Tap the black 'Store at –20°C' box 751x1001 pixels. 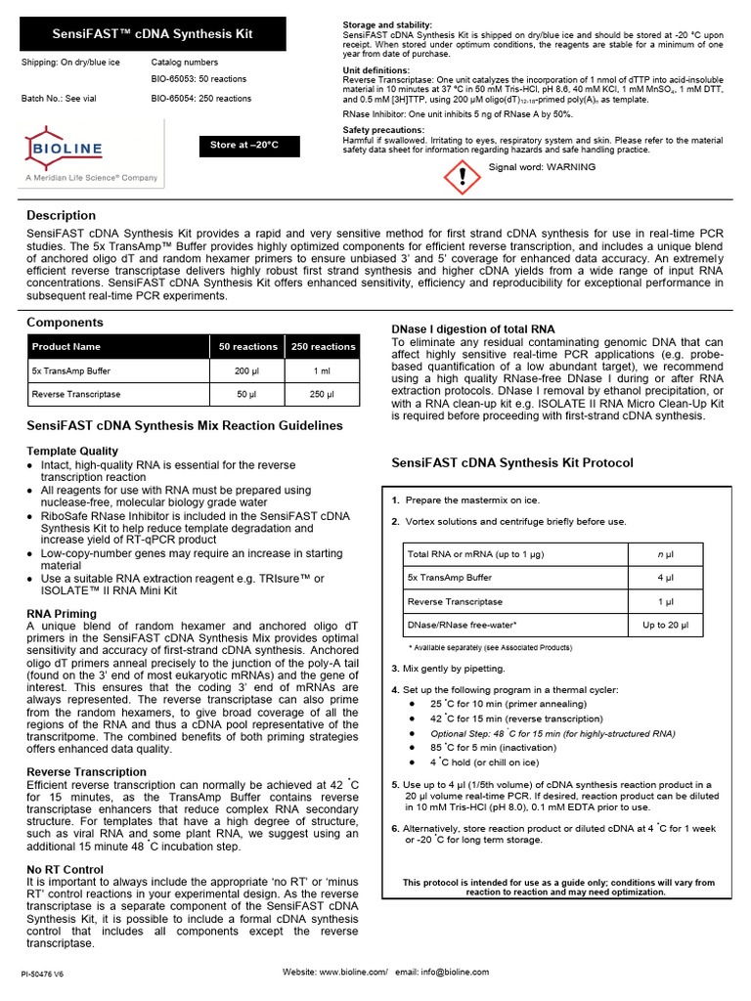244,146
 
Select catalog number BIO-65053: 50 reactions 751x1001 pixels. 199,79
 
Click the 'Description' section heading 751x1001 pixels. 61,215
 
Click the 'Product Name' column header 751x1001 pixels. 66,347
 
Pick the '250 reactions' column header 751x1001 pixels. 323,347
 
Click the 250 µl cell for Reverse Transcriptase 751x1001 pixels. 322,395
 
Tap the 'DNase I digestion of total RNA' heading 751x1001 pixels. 472,329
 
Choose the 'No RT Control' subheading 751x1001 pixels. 65,869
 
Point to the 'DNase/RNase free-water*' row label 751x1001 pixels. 462,625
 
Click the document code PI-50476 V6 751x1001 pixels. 42,975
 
